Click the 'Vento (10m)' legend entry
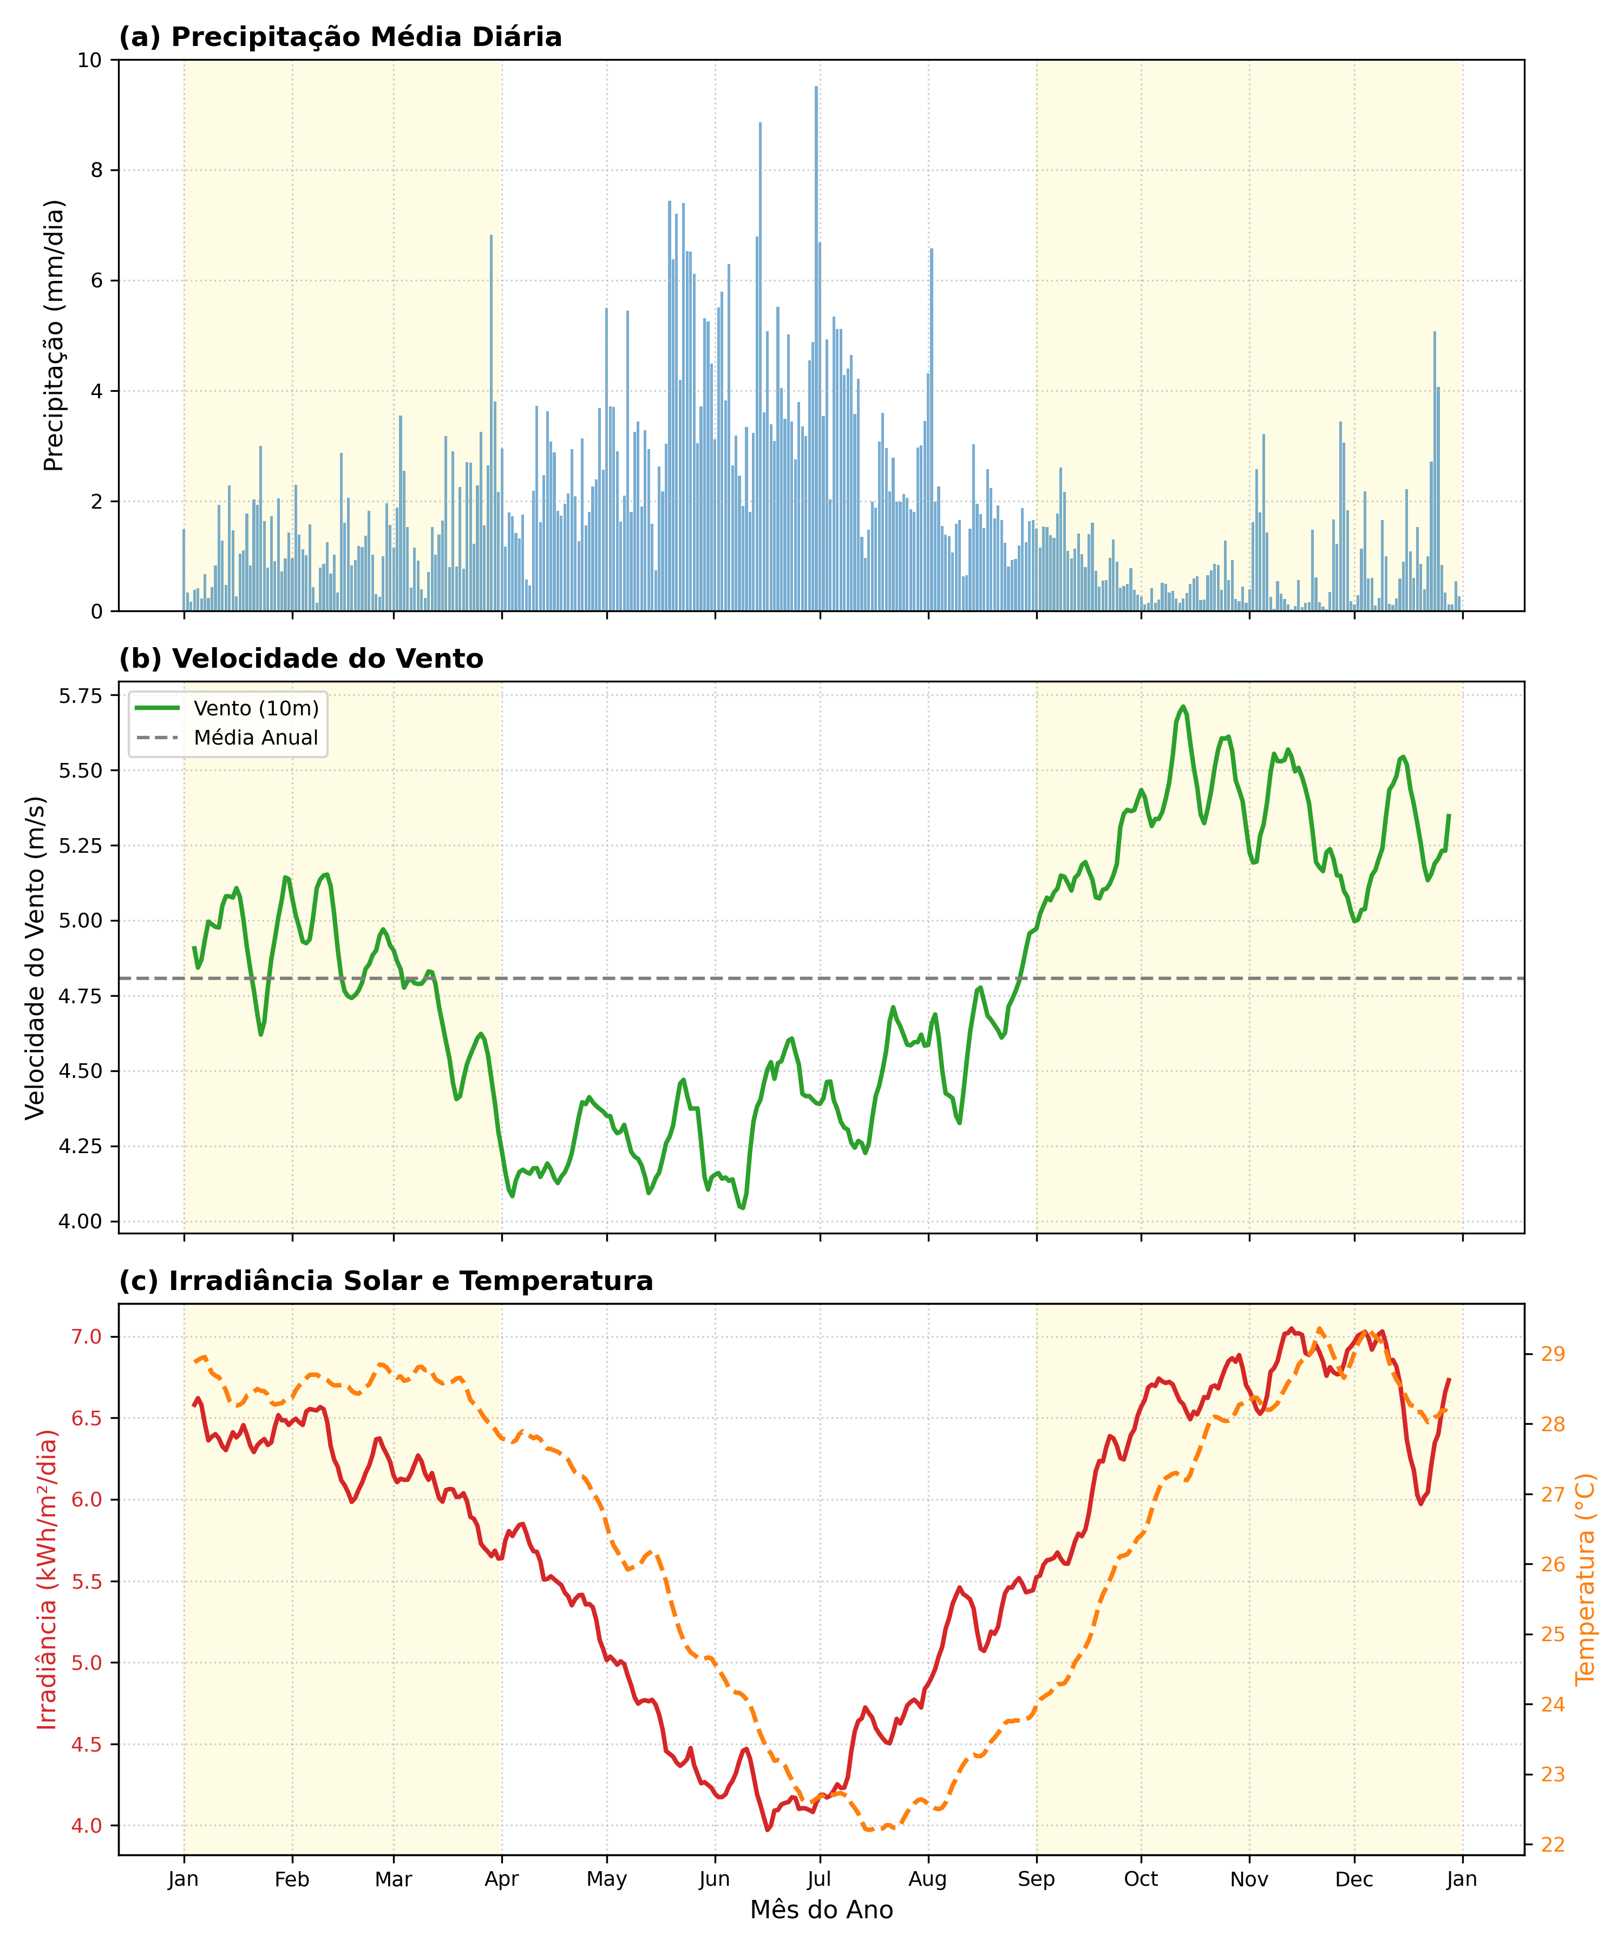pyautogui.click(x=255, y=709)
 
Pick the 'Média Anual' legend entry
pyautogui.click(x=255, y=739)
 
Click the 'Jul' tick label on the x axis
pyautogui.click(x=820, y=1879)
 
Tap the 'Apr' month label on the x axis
pyautogui.click(x=501, y=1879)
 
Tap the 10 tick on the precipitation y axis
pyautogui.click(x=90, y=60)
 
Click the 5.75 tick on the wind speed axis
pyautogui.click(x=81, y=696)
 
